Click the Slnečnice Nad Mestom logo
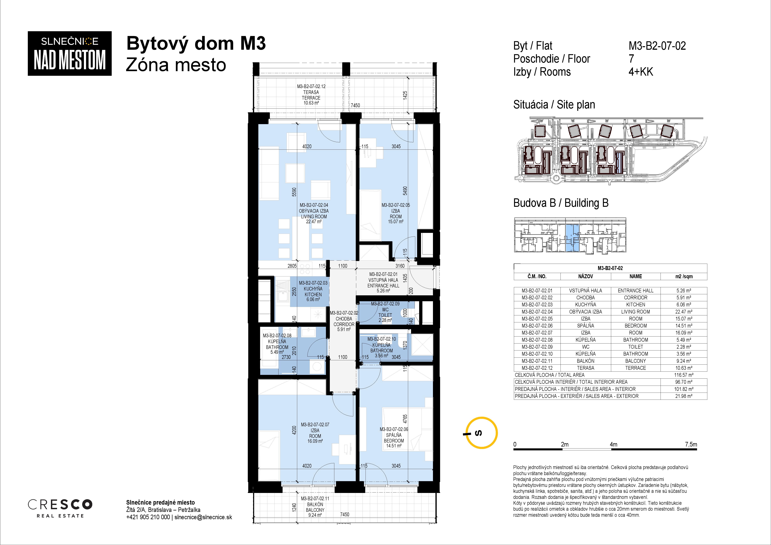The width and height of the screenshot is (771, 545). click(69, 53)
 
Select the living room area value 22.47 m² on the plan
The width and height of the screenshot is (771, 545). click(314, 222)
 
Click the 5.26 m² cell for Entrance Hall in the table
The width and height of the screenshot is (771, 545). click(684, 291)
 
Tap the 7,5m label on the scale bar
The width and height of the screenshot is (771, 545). click(691, 444)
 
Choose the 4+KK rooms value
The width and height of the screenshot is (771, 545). click(641, 72)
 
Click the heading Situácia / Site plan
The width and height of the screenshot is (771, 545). click(554, 105)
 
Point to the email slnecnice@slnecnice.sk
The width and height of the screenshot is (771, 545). click(203, 517)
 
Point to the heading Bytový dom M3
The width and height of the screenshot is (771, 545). click(196, 44)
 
